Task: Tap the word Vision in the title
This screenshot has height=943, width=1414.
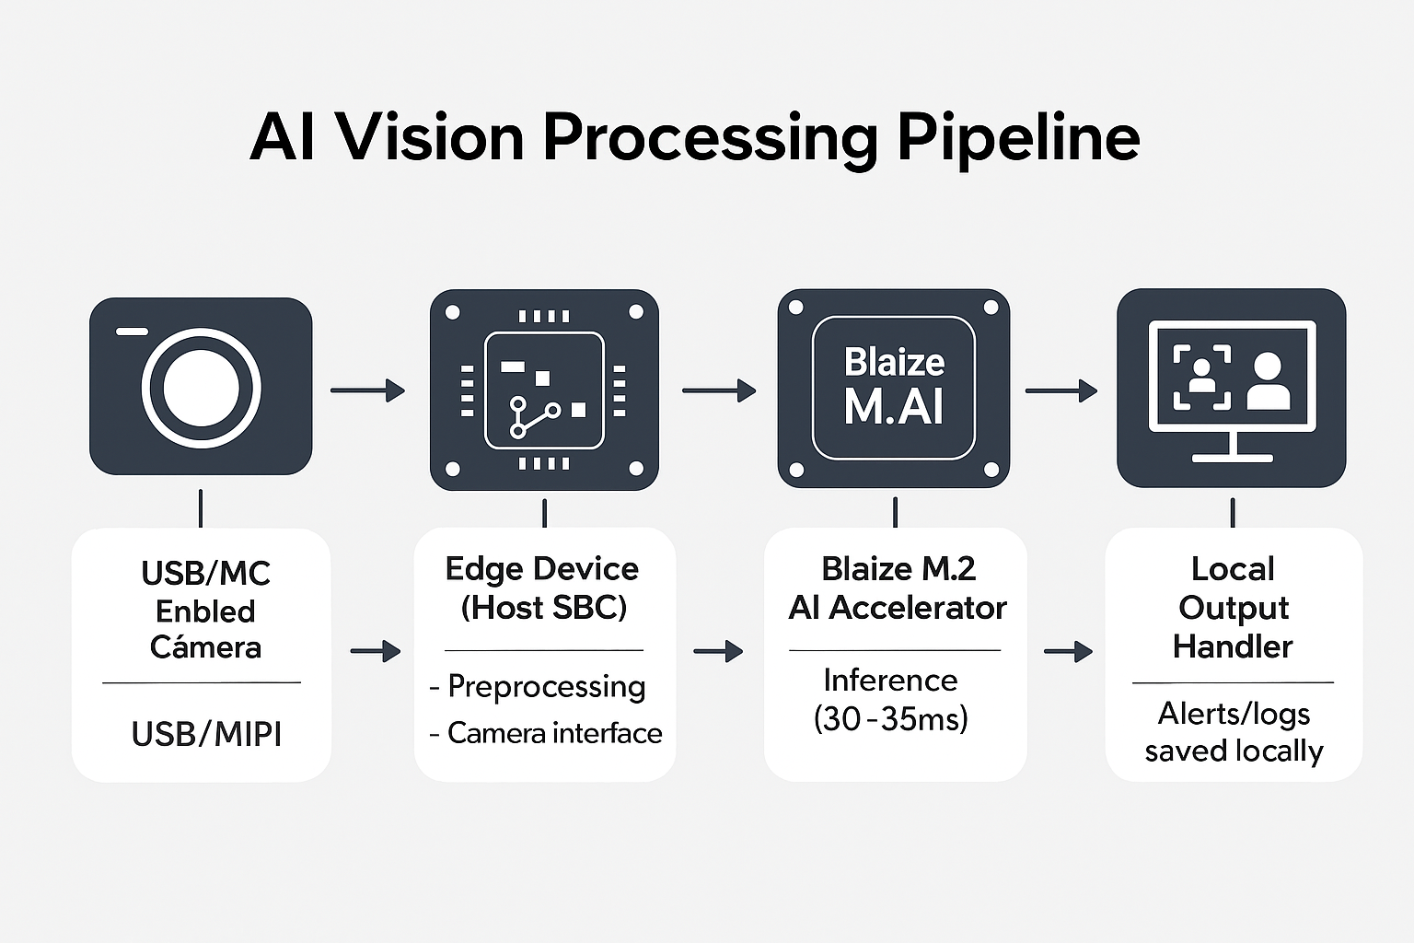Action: tap(429, 138)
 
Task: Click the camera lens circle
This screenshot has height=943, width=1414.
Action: tap(201, 388)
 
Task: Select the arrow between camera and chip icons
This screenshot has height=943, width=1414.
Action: tap(367, 390)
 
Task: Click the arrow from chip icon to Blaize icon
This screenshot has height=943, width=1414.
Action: tap(718, 390)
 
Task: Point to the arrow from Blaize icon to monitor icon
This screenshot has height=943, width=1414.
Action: tap(1060, 390)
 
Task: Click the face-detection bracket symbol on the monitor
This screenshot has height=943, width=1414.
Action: tap(1201, 377)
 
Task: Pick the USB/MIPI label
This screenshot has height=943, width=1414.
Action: tap(206, 734)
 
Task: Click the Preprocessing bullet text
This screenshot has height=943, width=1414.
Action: tap(546, 686)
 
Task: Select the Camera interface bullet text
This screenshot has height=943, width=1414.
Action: tap(554, 733)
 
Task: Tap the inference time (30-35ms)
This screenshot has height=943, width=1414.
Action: tap(890, 718)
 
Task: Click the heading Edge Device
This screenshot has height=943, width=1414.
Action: tap(541, 569)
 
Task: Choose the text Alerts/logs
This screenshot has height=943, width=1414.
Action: tap(1234, 714)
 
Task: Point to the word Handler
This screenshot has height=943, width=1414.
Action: tap(1233, 646)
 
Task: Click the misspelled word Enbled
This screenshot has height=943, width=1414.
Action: tap(205, 611)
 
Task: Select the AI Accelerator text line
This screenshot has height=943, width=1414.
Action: tap(898, 608)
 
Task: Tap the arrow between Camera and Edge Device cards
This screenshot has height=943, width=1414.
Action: tap(375, 651)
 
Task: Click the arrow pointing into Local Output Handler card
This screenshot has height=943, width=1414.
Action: tap(1067, 652)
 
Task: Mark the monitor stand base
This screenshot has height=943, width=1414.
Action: tap(1232, 457)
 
